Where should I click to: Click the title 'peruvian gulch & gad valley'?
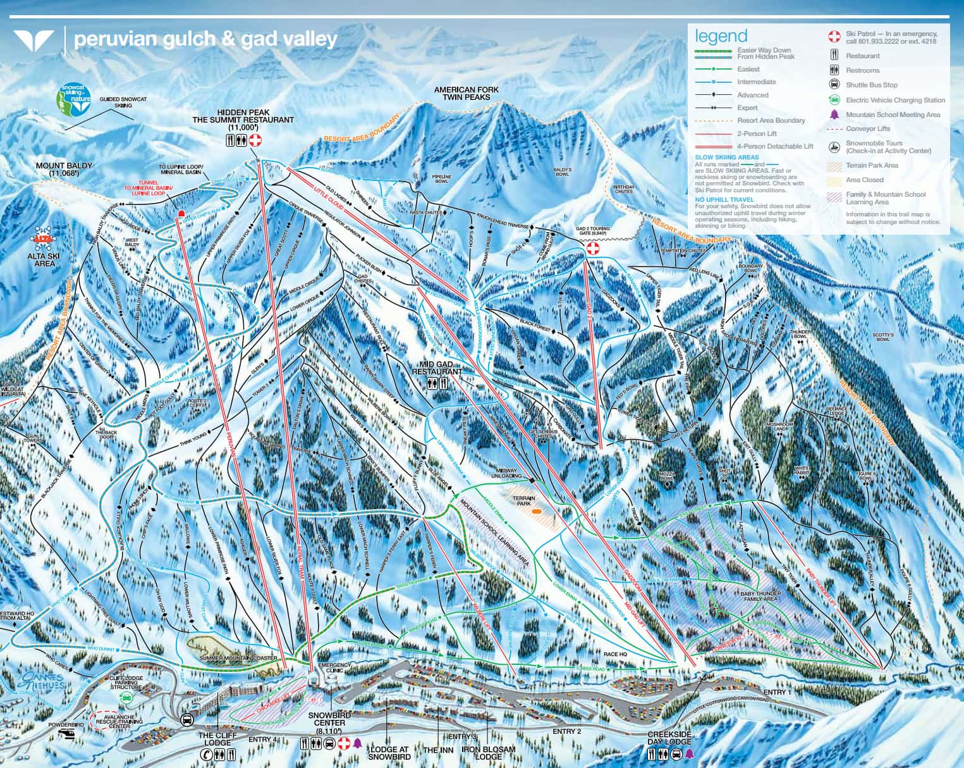[205, 39]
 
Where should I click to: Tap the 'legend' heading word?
[721, 35]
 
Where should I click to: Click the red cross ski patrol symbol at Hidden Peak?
[255, 140]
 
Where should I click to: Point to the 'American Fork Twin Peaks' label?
[466, 94]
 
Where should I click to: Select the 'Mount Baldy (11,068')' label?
[64, 170]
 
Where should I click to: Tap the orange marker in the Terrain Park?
[536, 510]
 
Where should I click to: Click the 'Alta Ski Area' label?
[44, 258]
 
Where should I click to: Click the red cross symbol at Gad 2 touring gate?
[593, 249]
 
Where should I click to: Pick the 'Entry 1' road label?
[777, 693]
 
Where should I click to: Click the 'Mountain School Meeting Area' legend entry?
[893, 115]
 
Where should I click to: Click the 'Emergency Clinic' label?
[333, 669]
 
